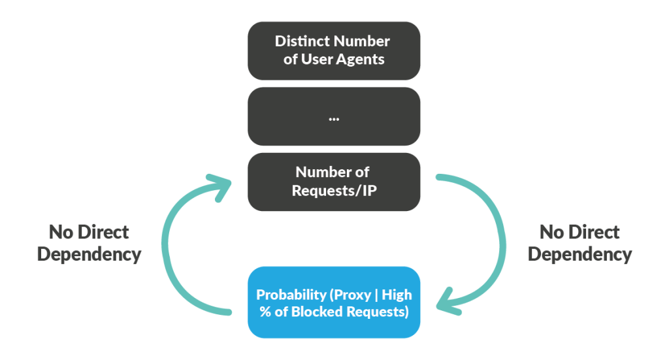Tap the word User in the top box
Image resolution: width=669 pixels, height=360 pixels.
click(x=316, y=59)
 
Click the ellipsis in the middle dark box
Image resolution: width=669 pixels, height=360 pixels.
click(x=334, y=118)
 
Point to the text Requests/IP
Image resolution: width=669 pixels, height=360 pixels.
click(x=333, y=191)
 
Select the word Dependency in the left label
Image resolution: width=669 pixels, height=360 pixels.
click(x=90, y=254)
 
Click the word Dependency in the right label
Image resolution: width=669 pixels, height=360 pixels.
click(x=579, y=254)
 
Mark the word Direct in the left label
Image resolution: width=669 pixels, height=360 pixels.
click(x=103, y=232)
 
